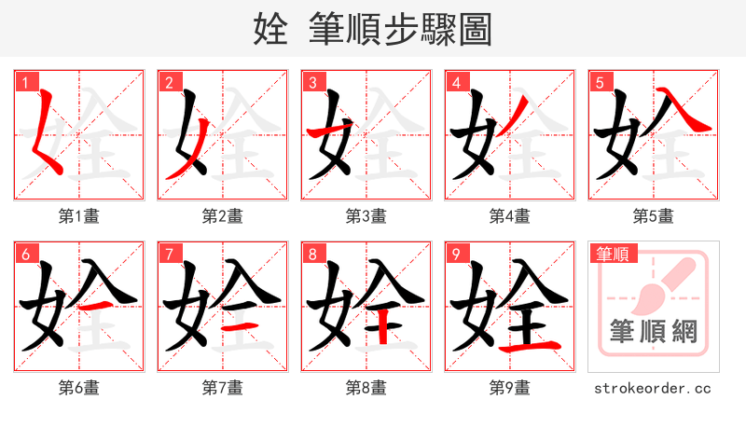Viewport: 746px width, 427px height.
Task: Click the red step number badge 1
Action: (x=24, y=82)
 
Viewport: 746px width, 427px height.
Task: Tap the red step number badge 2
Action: (x=168, y=82)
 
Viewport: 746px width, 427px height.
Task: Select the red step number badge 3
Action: (x=311, y=82)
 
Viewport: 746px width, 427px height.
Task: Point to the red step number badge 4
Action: (x=455, y=82)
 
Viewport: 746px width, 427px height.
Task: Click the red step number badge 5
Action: (x=599, y=82)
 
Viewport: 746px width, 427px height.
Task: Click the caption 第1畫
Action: (x=78, y=216)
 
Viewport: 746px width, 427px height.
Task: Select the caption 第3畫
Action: (x=366, y=216)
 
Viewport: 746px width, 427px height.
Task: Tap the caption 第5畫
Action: (x=653, y=216)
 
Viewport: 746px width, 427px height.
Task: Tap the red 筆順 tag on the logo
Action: (x=612, y=253)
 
